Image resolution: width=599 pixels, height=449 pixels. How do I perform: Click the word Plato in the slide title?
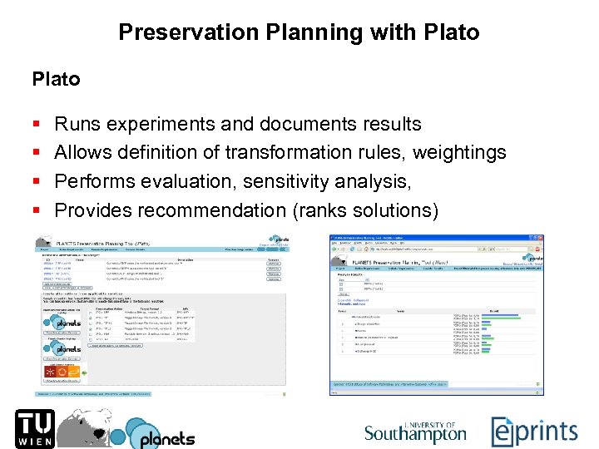click(450, 32)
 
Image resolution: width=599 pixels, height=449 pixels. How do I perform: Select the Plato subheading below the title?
click(56, 80)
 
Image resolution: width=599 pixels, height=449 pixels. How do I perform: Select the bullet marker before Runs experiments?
click(36, 125)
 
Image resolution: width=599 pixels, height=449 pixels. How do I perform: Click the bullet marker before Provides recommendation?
click(36, 210)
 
